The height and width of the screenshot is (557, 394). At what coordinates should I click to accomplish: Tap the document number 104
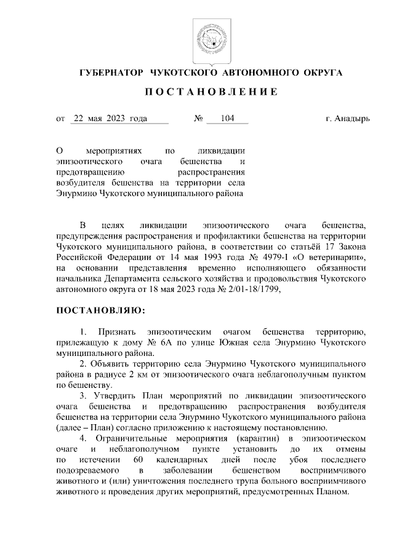227,118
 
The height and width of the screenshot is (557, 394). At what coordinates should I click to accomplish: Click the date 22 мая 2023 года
110,118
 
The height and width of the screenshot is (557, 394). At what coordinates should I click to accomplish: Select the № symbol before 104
199,118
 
